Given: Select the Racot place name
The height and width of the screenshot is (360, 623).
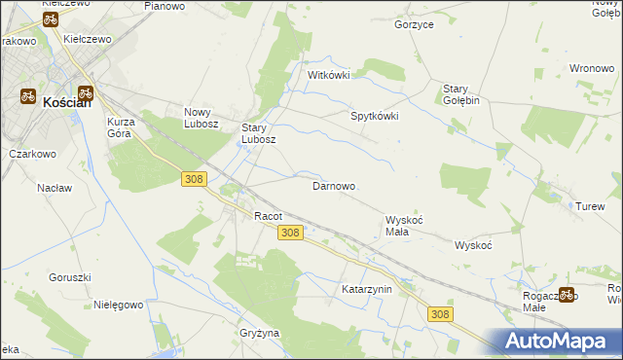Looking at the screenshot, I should [x=268, y=215].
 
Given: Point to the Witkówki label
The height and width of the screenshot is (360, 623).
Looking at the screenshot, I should [x=328, y=75].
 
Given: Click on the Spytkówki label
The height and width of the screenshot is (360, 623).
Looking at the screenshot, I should [x=375, y=115].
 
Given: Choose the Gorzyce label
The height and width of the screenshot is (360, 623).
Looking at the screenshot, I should [x=414, y=24].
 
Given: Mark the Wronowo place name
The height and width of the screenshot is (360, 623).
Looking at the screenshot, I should [x=591, y=68].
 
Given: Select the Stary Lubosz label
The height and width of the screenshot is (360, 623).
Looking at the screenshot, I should [x=259, y=132].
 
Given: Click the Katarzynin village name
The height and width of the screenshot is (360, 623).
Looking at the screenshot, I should [x=366, y=289].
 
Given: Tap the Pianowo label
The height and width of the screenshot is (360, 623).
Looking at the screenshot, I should [x=165, y=6].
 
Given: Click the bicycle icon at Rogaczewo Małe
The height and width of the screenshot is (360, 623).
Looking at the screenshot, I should [x=566, y=294].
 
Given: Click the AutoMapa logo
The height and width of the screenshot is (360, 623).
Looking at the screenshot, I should [x=555, y=342].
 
